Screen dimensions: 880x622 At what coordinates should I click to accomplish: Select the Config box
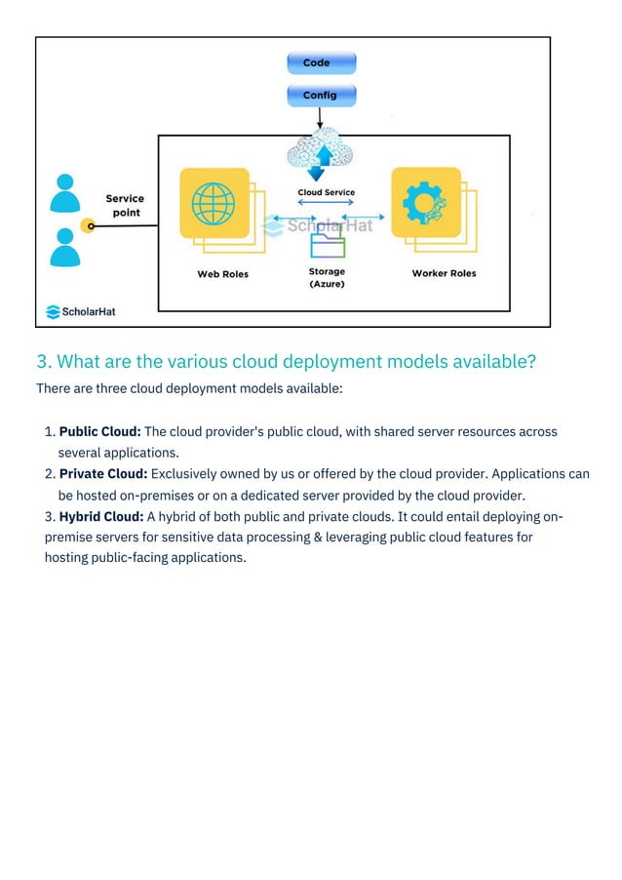(x=321, y=96)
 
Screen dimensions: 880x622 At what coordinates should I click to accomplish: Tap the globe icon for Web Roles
(x=214, y=204)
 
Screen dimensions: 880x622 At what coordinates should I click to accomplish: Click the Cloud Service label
(x=326, y=192)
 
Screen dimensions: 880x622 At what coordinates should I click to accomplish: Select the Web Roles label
(x=222, y=274)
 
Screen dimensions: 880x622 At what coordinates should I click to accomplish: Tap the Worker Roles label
(x=444, y=273)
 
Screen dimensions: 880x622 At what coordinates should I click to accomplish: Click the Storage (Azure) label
(x=327, y=278)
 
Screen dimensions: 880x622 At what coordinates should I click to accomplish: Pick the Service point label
(x=125, y=206)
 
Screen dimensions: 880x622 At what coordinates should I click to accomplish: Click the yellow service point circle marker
(x=88, y=225)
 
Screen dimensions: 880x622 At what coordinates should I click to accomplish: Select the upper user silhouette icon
(x=65, y=192)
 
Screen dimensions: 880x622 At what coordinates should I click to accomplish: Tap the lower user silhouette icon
(x=65, y=247)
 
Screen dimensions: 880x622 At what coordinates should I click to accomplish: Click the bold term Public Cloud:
(x=100, y=431)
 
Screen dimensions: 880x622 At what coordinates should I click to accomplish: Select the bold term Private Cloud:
(x=102, y=474)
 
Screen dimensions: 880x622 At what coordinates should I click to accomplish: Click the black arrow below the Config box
(x=321, y=117)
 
